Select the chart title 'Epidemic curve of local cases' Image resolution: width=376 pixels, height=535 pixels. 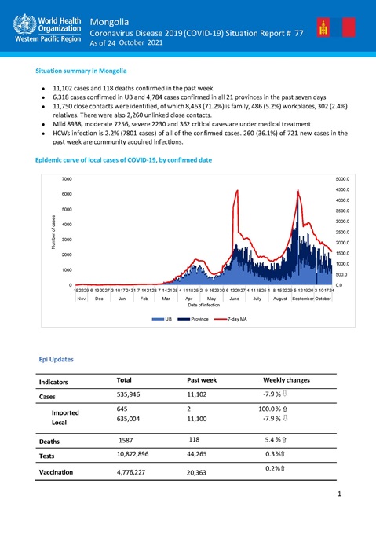coord(123,160)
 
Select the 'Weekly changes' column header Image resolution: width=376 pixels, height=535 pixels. coord(286,380)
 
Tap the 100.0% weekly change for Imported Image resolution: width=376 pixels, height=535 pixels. coord(275,409)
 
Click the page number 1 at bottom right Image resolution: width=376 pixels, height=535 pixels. coord(338,494)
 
